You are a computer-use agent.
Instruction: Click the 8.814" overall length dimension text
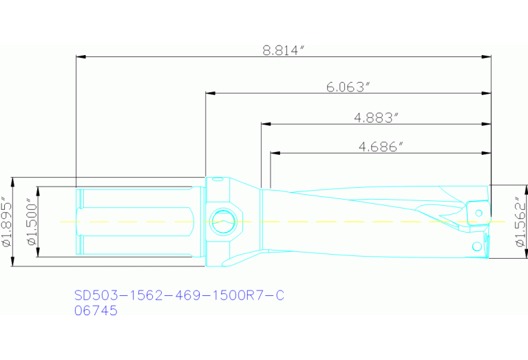coord(284,50)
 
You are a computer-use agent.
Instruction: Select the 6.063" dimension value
coord(348,87)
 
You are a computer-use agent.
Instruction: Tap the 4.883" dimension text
coord(377,118)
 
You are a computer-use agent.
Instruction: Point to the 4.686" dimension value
coord(381,146)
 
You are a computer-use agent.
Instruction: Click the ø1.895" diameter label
coord(8,222)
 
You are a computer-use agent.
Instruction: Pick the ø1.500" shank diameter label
coord(30,222)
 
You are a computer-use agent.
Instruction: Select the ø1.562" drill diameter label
coord(520,222)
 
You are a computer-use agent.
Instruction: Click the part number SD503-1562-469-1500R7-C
coord(178,296)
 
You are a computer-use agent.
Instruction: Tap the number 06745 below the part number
coord(96,310)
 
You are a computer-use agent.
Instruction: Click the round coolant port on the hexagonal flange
coord(222,222)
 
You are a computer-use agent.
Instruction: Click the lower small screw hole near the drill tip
coord(476,246)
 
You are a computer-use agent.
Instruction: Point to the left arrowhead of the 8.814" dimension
coord(80,56)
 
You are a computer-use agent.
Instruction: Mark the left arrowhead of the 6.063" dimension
coord(210,93)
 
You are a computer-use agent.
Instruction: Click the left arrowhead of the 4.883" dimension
coord(265,125)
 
